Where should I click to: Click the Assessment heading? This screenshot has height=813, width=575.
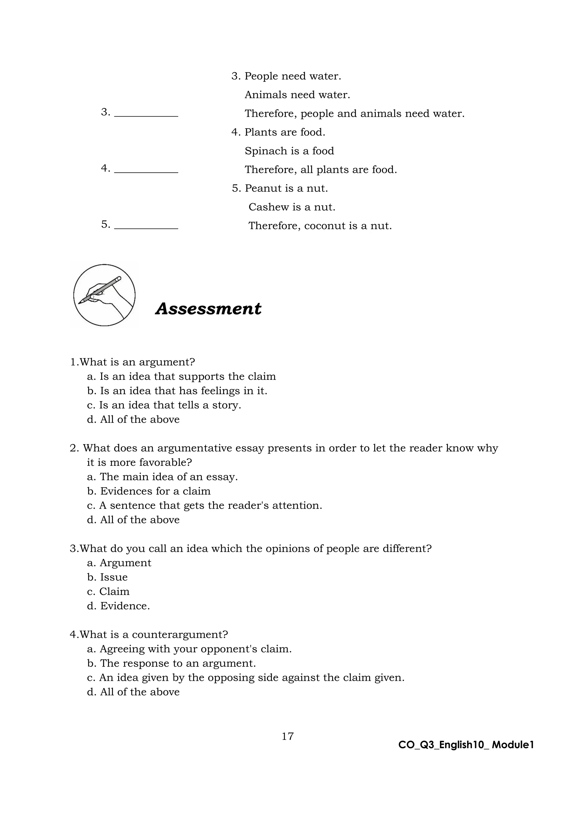208,309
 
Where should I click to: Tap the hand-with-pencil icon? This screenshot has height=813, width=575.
104,295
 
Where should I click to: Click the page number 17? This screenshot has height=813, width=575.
287,736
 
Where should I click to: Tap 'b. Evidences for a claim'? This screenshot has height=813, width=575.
149,491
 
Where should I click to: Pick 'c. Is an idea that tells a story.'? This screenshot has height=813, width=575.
164,405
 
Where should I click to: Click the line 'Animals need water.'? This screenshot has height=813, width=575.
297,95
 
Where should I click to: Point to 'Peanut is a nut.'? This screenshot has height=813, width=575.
286,188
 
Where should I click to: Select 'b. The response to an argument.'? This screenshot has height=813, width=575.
171,663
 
